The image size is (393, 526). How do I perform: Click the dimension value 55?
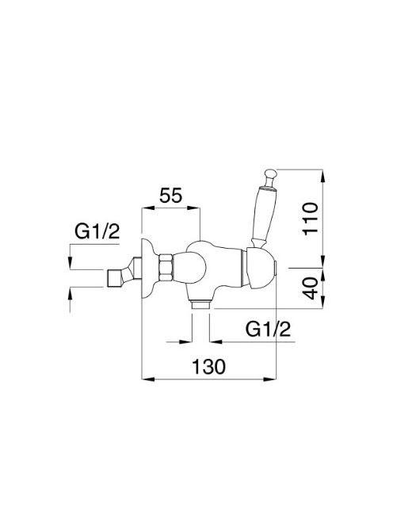tap(170, 196)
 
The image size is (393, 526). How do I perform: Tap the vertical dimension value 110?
tap(310, 218)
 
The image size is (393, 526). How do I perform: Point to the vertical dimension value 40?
tap(310, 288)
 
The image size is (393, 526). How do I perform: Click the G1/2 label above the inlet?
tap(97, 231)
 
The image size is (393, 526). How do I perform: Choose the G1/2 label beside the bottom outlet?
tap(268, 330)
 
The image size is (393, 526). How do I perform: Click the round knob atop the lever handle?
tap(270, 175)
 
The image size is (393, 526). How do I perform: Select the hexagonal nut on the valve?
tap(166, 268)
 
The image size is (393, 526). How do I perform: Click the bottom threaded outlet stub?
tap(200, 305)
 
